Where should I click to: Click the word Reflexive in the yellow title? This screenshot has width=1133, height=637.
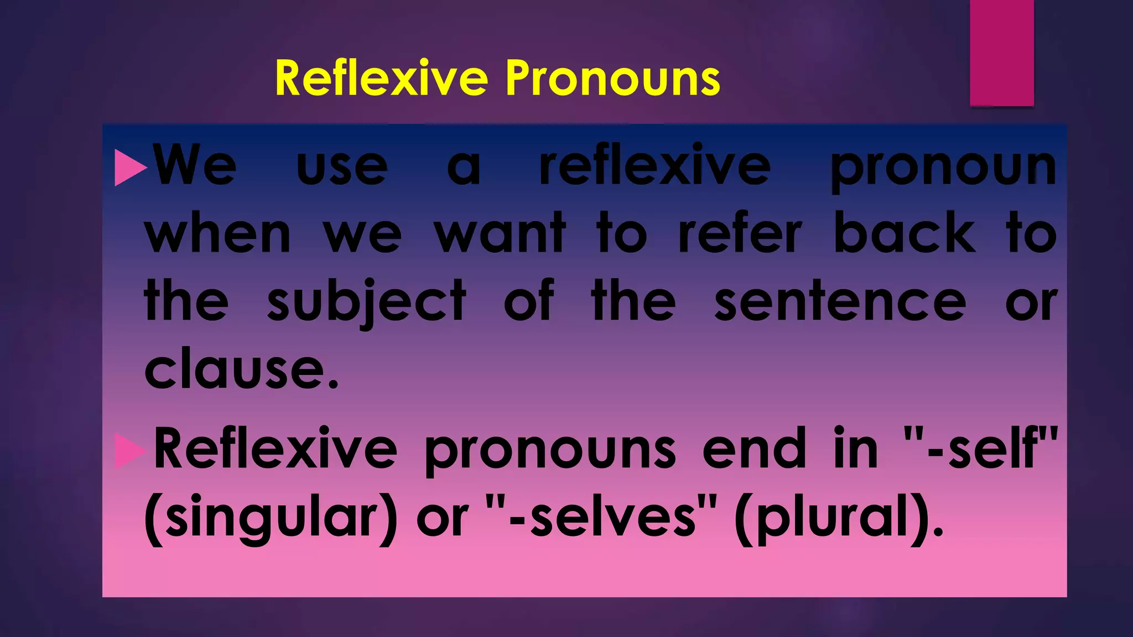381,79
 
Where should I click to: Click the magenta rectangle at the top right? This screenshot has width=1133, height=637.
1001,53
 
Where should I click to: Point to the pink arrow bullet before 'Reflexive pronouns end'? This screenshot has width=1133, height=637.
129,451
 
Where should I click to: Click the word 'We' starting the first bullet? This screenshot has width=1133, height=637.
195,166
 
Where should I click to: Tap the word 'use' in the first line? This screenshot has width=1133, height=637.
342,168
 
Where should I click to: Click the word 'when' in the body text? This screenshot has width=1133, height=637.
217,234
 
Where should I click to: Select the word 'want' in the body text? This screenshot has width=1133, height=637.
500,234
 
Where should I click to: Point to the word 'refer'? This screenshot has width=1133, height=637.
740,234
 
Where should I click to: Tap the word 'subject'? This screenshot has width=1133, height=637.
366,303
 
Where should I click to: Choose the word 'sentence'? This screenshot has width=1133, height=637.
840,303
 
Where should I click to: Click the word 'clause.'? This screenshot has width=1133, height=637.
241,369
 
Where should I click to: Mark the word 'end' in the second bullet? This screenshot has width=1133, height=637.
755,449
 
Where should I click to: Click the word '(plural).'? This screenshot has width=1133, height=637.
839,519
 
